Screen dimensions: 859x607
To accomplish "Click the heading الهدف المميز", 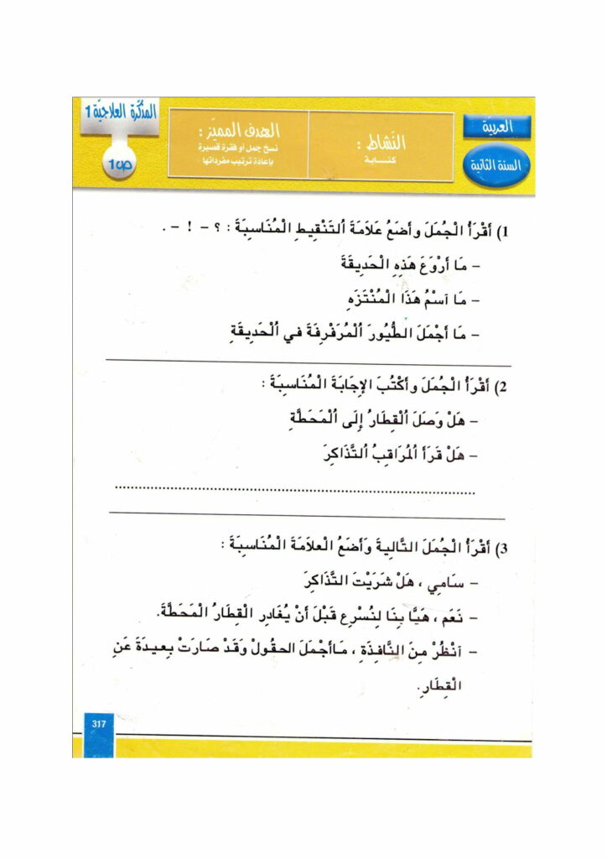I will click(247, 132).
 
